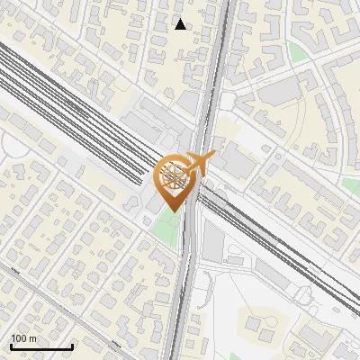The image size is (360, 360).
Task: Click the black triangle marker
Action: pos(181,24)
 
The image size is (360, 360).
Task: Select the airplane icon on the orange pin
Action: pos(199,166)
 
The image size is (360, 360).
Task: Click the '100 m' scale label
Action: pos(24,338)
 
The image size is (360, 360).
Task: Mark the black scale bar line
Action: pos(41,346)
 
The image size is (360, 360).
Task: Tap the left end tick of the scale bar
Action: pos(11,345)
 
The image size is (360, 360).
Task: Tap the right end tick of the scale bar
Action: pos(72,345)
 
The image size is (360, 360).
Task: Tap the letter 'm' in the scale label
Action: pos(33,338)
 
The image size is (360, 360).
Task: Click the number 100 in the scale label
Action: pos(20,338)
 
